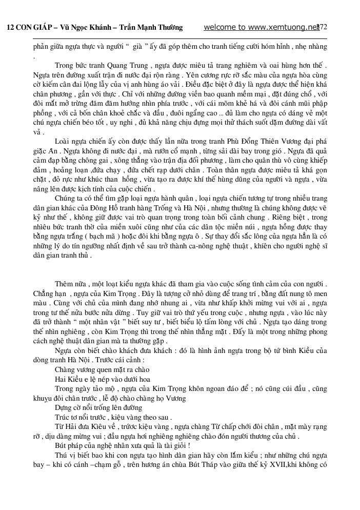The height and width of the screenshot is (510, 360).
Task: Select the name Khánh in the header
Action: (96, 28)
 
